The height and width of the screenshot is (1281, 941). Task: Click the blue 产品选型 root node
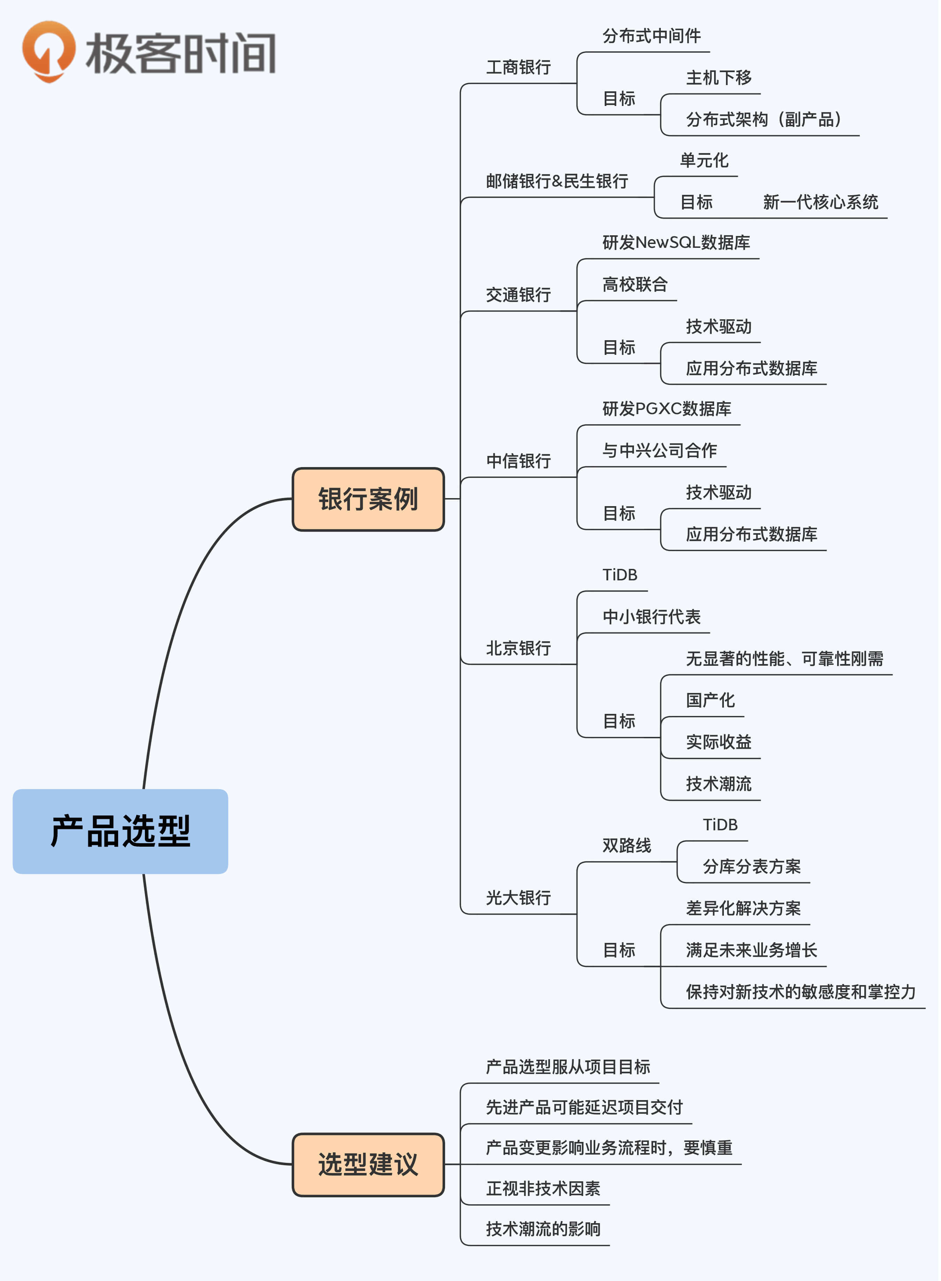coord(120,831)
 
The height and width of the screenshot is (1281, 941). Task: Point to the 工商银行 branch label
coord(518,68)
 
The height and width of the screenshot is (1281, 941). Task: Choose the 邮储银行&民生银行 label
coord(557,181)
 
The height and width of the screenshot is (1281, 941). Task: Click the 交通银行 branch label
coord(518,295)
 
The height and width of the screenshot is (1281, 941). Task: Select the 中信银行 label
coord(518,461)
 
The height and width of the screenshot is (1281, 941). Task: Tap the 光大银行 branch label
coord(518,898)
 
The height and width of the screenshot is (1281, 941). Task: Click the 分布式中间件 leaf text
coord(652,36)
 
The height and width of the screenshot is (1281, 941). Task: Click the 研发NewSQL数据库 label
coord(676,243)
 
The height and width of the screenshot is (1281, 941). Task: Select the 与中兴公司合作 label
coord(660,451)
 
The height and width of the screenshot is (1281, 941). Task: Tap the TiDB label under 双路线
coord(720,825)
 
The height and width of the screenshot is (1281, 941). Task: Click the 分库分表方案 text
coord(751,866)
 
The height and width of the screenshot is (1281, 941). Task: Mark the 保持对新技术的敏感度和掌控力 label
coord(800,992)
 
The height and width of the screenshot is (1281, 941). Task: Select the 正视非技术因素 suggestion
coord(543,1188)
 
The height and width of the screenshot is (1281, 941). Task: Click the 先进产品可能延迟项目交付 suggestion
coord(584,1107)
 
